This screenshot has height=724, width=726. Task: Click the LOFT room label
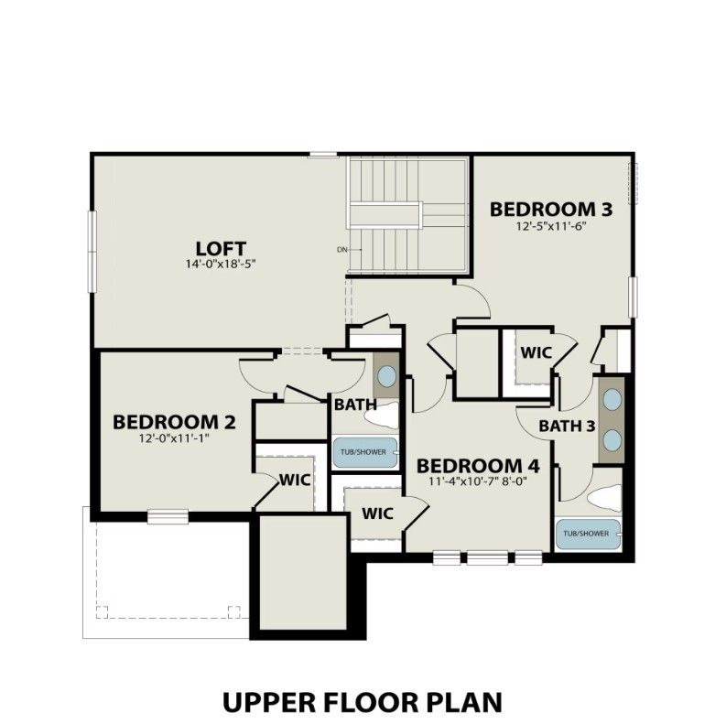coord(221,248)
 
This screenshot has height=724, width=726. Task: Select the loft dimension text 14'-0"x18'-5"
coord(221,265)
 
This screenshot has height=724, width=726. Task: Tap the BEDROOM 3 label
coord(550,209)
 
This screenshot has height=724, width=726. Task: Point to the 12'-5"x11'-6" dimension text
coord(550,226)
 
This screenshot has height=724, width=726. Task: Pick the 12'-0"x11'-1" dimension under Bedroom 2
coord(174,438)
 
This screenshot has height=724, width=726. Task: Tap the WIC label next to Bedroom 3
coord(536,352)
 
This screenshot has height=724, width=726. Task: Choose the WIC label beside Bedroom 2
coord(295,480)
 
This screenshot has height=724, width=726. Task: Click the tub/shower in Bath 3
coord(587,533)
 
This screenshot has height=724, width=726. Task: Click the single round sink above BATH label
coord(387,375)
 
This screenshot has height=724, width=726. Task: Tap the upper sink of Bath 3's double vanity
coord(611,401)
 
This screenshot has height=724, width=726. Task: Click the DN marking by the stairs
coord(342,249)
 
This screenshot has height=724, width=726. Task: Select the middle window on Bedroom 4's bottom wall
coord(485,556)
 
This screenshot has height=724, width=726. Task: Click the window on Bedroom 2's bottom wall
coord(168,517)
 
